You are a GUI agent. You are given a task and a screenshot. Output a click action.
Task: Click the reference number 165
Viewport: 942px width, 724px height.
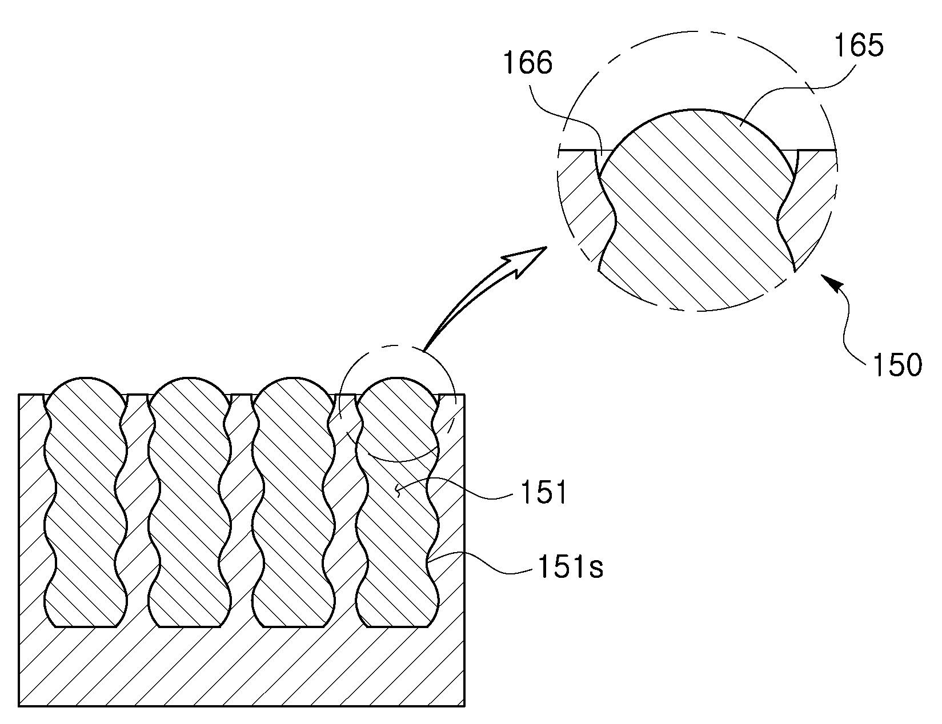point(859,46)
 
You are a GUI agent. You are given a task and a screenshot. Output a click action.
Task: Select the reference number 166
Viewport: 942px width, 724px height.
point(528,63)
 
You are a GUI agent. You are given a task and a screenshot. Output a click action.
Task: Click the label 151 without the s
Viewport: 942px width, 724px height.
point(544,493)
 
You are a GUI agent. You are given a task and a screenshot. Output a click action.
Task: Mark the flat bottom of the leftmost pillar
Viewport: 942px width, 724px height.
point(86,626)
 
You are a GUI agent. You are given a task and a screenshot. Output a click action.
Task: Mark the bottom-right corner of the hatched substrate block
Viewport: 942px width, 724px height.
point(464,706)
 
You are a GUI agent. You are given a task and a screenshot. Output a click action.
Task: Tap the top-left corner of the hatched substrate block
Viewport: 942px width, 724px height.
point(19,395)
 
